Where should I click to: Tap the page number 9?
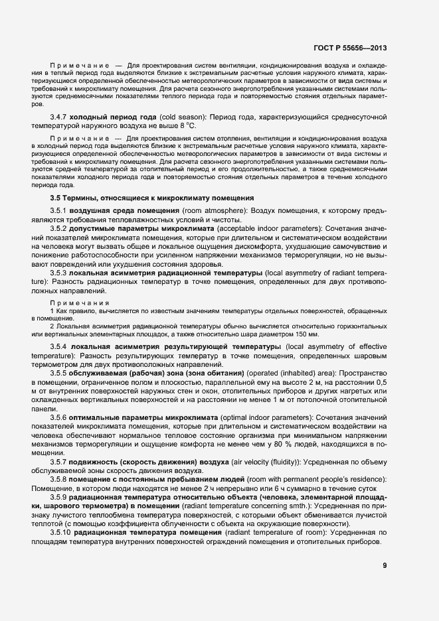(x=385, y=565)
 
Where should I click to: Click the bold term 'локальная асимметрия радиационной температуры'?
(x=165, y=273)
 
